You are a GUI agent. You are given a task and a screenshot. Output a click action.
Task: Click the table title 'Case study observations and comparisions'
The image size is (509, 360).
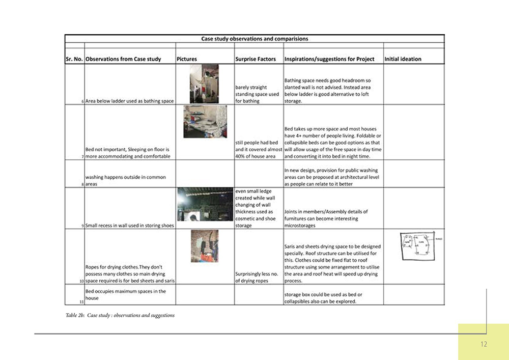tap(254, 38)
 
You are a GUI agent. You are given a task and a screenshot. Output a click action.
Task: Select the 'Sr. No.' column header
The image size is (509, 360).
tap(74, 59)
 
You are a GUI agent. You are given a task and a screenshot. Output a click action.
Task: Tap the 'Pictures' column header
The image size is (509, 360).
tap(187, 59)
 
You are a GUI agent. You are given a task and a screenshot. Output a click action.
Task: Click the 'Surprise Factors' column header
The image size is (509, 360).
tap(256, 59)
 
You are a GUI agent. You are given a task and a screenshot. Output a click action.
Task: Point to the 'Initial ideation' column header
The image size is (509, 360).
tap(403, 59)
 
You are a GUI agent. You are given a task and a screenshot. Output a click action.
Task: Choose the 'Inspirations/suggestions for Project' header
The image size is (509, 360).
tap(329, 59)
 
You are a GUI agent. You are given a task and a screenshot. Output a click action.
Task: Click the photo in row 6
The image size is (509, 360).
tap(204, 84)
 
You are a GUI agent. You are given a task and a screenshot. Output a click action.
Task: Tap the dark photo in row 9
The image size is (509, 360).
tap(205, 204)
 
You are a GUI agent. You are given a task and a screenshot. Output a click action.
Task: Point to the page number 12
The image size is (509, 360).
tap(484, 344)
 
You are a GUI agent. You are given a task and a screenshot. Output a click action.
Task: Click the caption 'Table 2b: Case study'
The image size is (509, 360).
tap(120, 315)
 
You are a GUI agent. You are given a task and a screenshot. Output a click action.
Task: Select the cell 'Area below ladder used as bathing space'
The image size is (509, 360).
tap(130, 101)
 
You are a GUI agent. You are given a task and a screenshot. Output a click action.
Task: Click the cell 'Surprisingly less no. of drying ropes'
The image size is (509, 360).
tap(258, 276)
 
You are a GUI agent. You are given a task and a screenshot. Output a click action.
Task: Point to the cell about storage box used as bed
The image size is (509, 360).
tap(324, 298)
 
